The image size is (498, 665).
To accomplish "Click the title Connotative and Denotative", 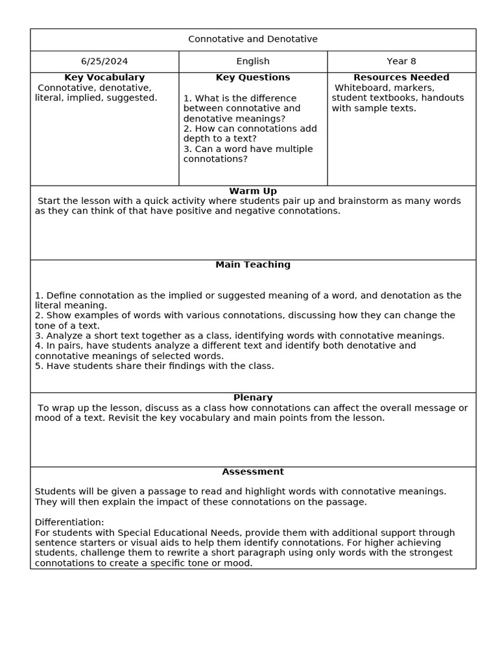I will coord(253,39).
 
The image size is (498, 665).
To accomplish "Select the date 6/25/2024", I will coord(104,62).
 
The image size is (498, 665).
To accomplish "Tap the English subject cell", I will coord(253,62).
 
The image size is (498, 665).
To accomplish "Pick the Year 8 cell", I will coord(401,62).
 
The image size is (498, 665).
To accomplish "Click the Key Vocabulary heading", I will coord(104,77).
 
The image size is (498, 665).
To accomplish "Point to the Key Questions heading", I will coord(253,77).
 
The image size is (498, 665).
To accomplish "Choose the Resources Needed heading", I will coord(401,77).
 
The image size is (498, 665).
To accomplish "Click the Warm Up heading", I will coord(253,191).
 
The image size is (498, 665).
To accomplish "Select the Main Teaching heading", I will coord(253,265).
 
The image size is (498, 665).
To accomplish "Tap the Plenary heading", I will coord(253,397).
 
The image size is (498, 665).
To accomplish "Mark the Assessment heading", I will coord(253,471).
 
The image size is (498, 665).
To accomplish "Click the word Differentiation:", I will coord(69,522).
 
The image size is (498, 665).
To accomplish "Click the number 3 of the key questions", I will coord(186,149).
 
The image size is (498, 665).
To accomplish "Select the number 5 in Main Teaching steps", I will coord(38,366).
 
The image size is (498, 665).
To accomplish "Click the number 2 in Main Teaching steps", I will coord(38,315).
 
